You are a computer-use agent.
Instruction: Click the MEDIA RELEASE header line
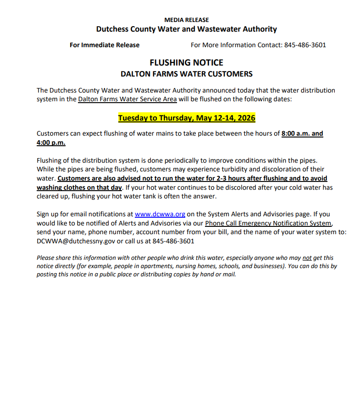186,20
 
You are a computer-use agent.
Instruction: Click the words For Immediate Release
105,45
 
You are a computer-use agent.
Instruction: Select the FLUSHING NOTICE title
186,63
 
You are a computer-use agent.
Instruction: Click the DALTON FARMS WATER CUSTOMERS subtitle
186,74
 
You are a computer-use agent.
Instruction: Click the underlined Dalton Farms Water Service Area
127,99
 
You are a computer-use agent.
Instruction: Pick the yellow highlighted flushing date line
186,118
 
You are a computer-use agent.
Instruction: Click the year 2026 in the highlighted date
245,118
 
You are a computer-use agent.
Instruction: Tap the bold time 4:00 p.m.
51,143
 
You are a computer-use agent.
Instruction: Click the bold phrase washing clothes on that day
79,187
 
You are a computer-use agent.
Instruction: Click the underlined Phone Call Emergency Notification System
268,223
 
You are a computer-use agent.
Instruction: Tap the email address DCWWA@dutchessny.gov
76,241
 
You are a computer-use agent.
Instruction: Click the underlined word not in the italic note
307,258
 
